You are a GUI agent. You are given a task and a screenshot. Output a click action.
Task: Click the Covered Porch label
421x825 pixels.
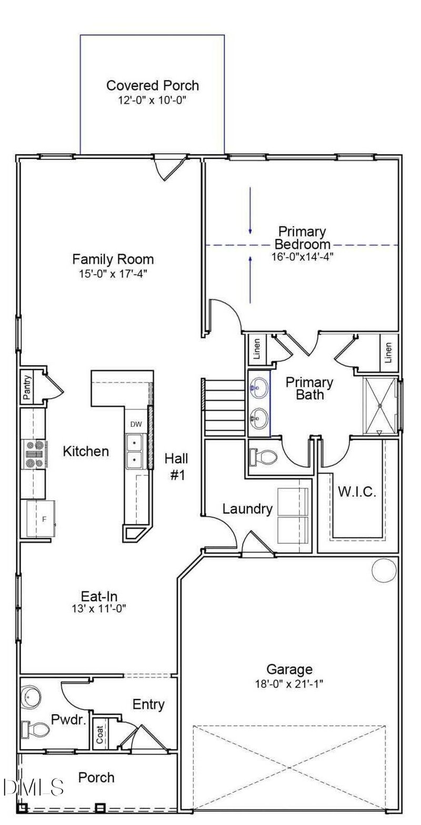coord(153,85)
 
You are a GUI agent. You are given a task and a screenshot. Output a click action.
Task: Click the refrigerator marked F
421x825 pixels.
coord(42,519)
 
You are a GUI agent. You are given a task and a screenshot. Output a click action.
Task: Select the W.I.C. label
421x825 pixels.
coord(357,493)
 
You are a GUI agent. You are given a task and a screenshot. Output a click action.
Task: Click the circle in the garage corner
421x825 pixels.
coord(384,569)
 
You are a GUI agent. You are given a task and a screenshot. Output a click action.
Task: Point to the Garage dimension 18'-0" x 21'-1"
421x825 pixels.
coord(289,685)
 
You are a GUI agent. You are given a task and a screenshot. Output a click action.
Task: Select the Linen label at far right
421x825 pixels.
coord(388,353)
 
